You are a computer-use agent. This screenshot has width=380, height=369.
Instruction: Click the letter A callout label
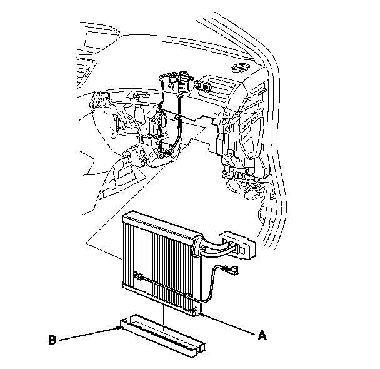(x=262, y=335)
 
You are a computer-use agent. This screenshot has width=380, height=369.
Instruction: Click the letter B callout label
(x=52, y=341)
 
